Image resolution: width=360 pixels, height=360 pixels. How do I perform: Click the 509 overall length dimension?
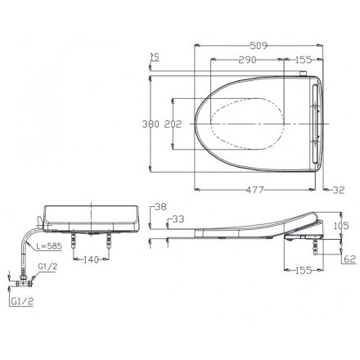[x=259, y=46]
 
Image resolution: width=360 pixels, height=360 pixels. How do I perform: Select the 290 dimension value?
[x=247, y=60]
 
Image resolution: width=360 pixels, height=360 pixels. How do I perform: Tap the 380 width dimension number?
[x=151, y=124]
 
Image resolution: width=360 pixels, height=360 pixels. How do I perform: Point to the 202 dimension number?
[x=173, y=124]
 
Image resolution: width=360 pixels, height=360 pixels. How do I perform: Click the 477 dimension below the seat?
[x=255, y=190]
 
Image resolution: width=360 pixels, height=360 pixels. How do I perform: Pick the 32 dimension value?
[x=339, y=190]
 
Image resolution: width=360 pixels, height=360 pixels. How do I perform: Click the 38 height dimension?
[x=160, y=207]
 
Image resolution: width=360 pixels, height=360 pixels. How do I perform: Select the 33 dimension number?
[x=178, y=219]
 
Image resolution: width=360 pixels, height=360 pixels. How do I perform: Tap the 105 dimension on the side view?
[x=341, y=226]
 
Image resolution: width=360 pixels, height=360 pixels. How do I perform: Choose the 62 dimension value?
[x=350, y=259]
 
